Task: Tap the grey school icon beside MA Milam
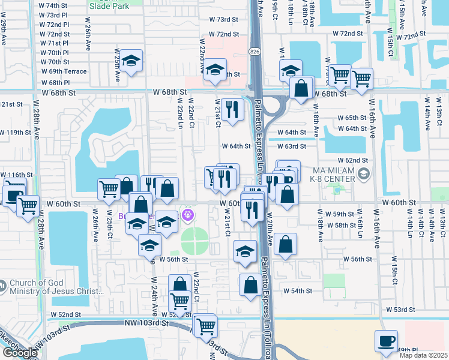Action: [x=363, y=174]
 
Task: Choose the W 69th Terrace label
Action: [x=64, y=71]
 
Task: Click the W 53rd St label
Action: [x=400, y=310]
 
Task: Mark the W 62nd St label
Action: [x=352, y=160]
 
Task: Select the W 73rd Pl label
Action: [x=53, y=15]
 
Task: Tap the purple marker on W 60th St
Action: [x=188, y=213]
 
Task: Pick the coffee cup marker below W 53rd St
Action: [x=387, y=340]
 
